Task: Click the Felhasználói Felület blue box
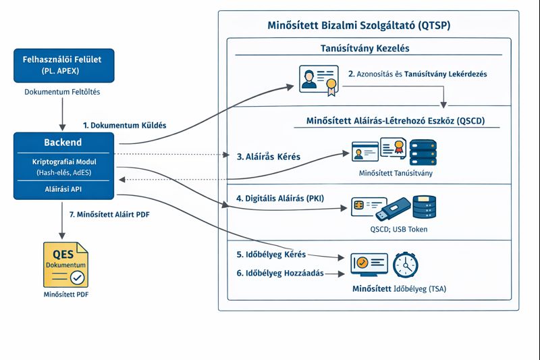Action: (x=63, y=65)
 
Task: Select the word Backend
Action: (x=63, y=143)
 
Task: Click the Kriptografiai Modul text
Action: (x=63, y=162)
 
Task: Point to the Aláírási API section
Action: (x=63, y=190)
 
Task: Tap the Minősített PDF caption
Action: (x=63, y=295)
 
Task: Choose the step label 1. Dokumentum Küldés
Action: (x=124, y=125)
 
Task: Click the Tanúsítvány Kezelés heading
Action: (x=364, y=49)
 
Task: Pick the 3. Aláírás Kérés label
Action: (x=269, y=156)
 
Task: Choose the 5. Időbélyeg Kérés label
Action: (x=271, y=255)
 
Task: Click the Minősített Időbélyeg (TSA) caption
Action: (x=399, y=289)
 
